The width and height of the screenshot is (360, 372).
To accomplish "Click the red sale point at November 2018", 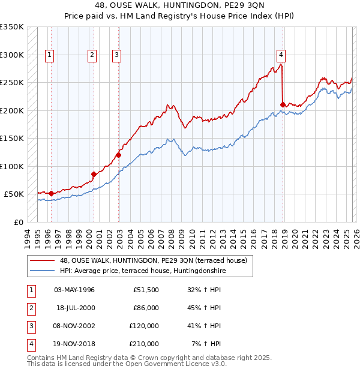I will point(283,104).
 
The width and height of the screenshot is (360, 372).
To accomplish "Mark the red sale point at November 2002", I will point(118,155).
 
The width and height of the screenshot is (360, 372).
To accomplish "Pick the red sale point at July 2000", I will point(94,174).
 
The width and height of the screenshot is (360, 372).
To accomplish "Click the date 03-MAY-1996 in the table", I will point(74,290).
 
